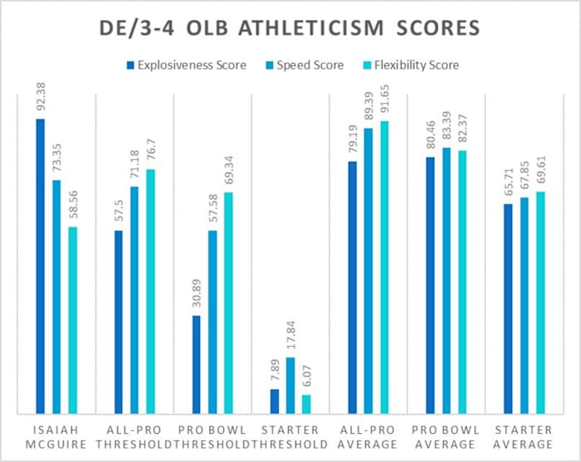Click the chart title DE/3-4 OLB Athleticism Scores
290,27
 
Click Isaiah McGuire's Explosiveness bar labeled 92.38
41,266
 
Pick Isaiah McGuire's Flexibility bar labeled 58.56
72,320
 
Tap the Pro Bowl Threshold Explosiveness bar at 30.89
197,364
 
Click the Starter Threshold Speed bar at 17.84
290,385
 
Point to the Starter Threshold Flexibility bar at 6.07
306,404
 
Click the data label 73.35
56,156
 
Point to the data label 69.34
228,168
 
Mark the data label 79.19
353,138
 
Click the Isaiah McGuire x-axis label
56,436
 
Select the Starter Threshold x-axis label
291,436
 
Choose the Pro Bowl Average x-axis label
447,436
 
